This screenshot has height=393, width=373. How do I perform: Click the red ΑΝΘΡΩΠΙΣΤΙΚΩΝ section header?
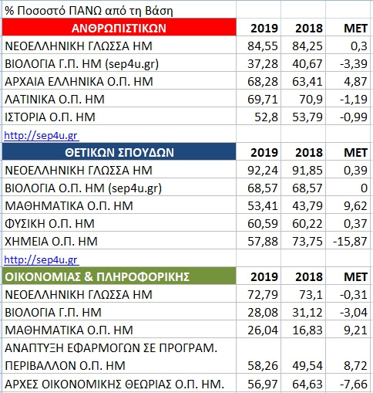[119, 27]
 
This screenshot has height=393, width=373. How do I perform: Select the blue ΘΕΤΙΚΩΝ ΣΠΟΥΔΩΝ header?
[119, 152]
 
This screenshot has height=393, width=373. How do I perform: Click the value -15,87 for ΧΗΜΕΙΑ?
[350, 242]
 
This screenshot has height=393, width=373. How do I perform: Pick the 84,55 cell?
[263, 46]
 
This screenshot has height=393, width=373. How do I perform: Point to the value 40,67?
[307, 64]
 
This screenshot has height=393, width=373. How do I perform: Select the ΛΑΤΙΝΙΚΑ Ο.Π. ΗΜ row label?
[55, 100]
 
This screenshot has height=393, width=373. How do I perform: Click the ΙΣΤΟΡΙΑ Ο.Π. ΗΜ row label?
[50, 117]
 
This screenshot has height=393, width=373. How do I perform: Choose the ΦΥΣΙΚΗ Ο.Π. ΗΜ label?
[49, 224]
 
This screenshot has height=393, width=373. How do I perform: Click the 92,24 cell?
[263, 171]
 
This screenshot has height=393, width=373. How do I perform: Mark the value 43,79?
[307, 206]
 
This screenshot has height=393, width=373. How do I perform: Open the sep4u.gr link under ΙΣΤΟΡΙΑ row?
[42, 135]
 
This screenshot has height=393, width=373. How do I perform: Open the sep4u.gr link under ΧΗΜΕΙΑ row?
[42, 259]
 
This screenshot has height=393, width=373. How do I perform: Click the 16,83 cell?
[307, 330]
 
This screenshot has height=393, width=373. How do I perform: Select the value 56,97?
[263, 385]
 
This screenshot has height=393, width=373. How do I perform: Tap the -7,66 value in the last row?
[354, 385]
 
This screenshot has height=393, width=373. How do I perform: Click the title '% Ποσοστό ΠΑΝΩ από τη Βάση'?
[89, 11]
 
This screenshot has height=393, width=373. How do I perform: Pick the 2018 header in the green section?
[309, 276]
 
